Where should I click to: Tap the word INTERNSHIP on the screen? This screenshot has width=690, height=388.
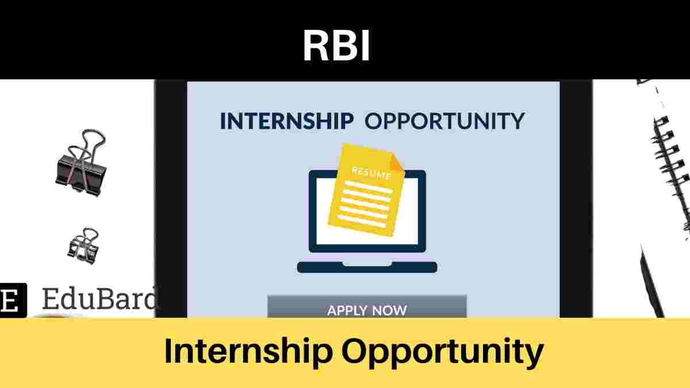point(286,121)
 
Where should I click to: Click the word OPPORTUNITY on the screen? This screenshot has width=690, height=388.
point(445,121)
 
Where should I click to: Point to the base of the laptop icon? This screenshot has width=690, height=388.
point(367,267)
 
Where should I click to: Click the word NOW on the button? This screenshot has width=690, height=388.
point(389,310)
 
